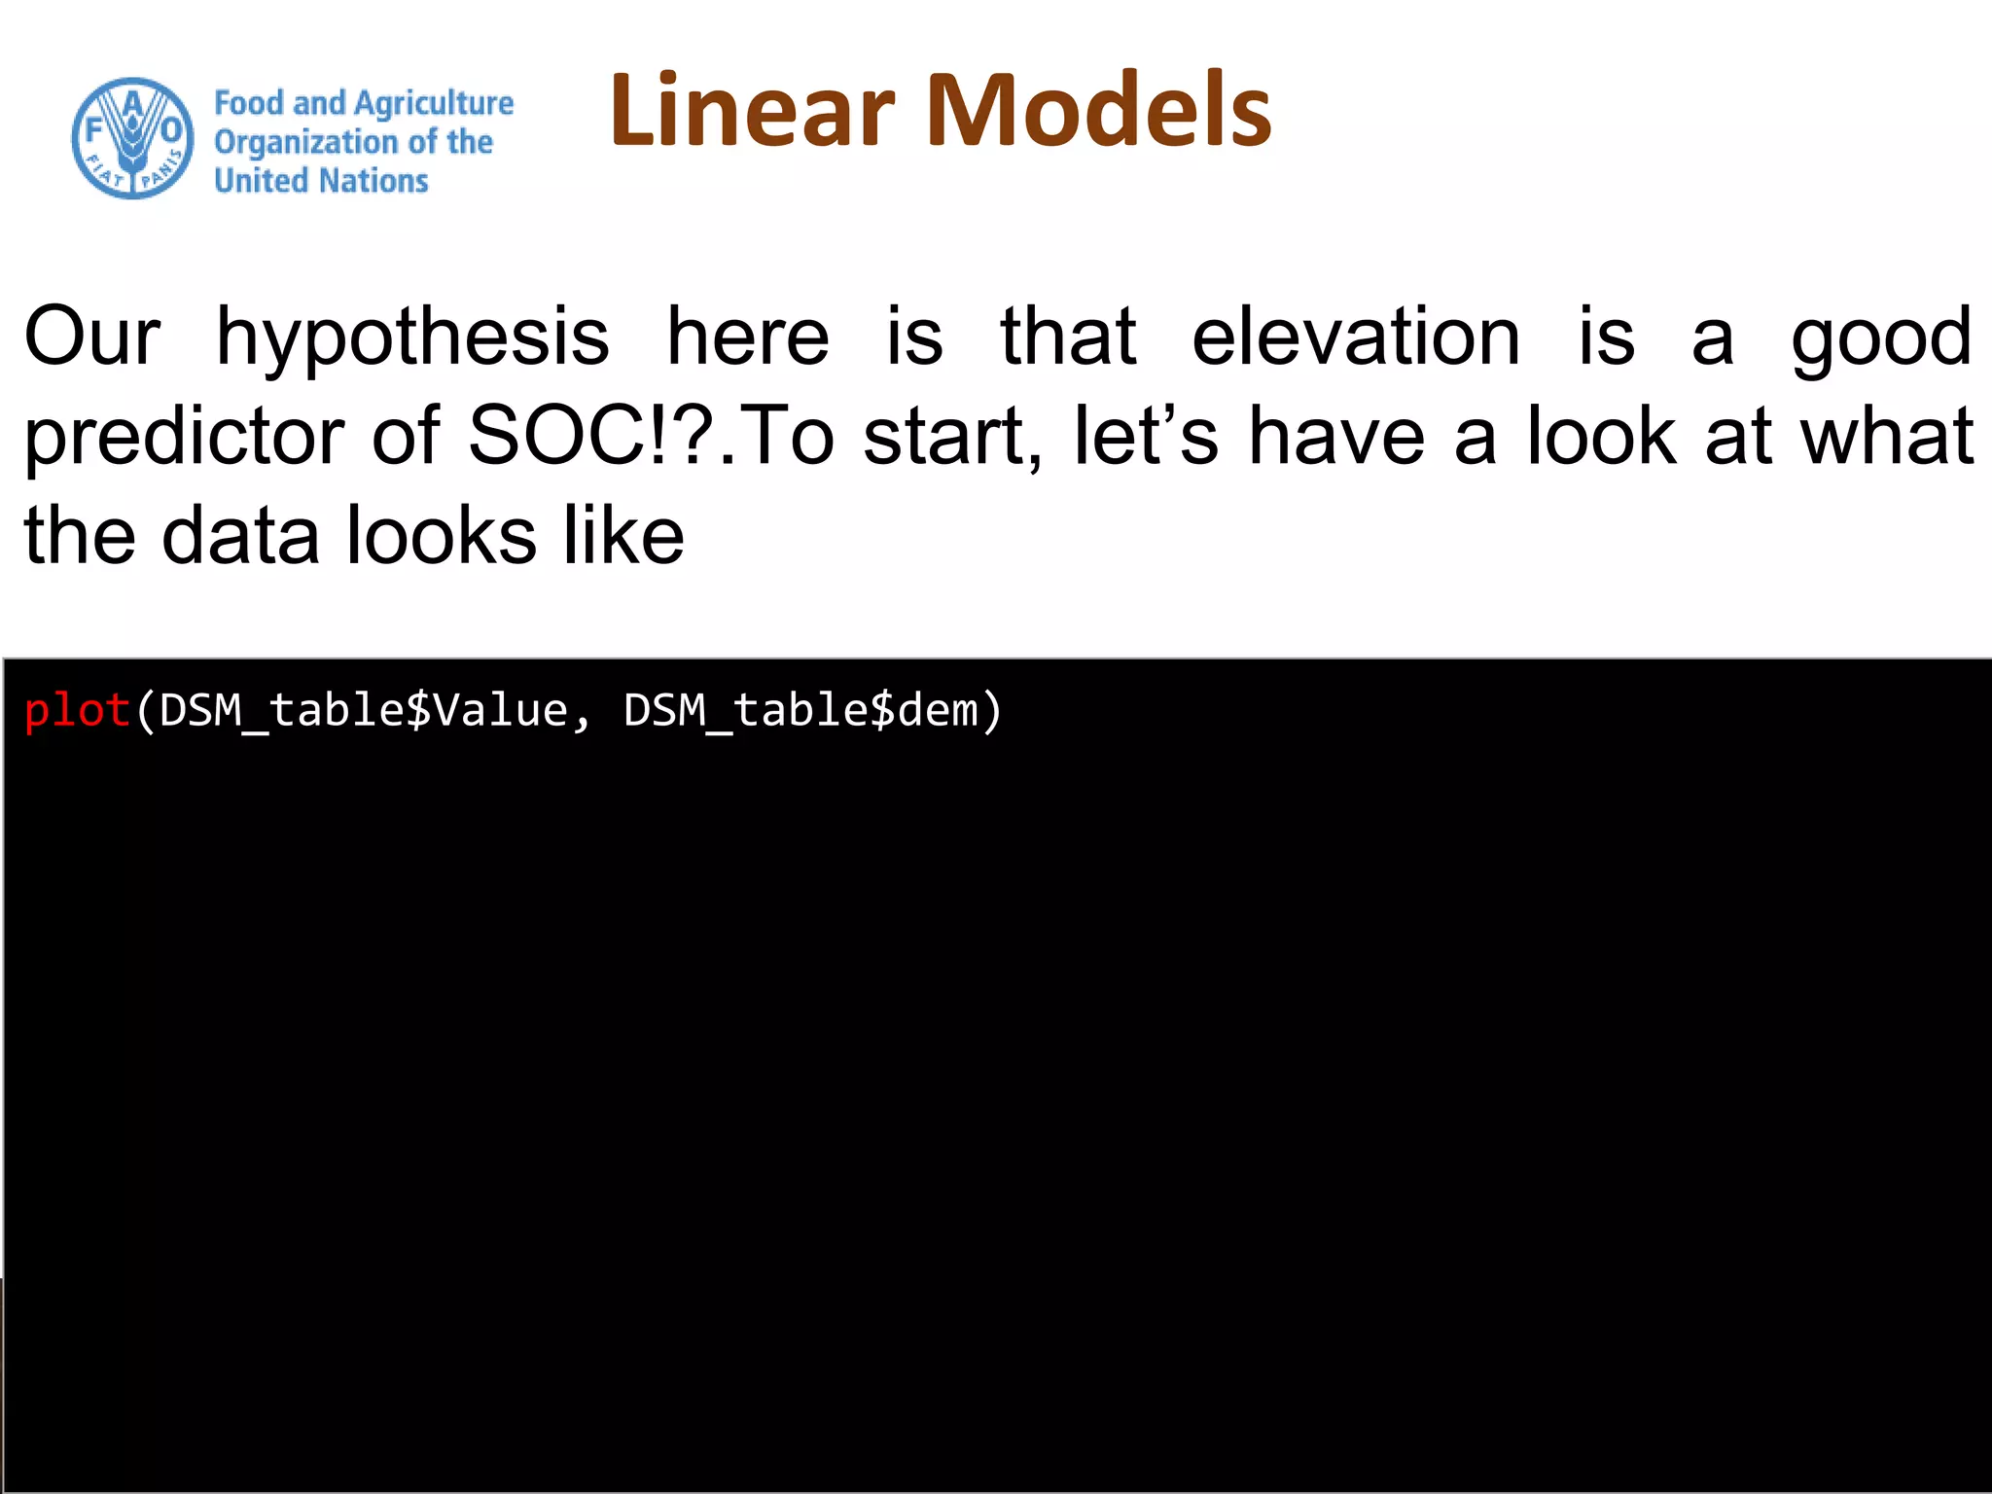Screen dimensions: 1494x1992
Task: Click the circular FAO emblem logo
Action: tap(133, 138)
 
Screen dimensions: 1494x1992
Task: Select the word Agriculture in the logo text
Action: tap(434, 103)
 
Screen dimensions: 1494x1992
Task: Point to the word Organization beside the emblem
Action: tap(305, 142)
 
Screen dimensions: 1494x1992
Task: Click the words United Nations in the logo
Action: tap(321, 181)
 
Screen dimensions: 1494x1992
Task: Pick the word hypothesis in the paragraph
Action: tap(412, 338)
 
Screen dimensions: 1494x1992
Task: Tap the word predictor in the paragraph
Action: tap(184, 438)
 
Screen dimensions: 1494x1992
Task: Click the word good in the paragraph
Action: tap(1881, 338)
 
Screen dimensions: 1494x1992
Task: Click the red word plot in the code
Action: tap(77, 710)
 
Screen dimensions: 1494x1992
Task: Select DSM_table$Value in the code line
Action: tap(363, 710)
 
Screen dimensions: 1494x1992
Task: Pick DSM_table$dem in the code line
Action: tap(800, 710)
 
